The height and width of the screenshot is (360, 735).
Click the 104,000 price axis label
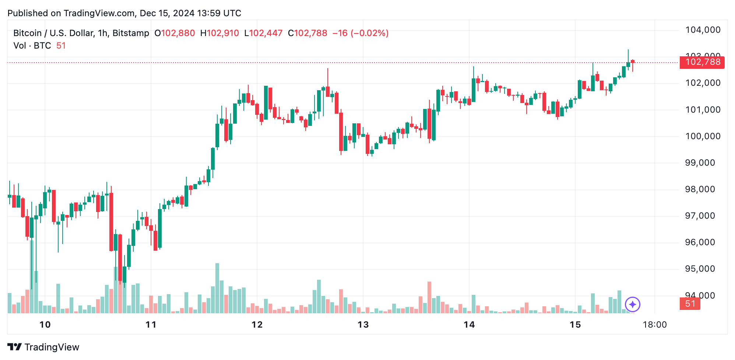(703, 30)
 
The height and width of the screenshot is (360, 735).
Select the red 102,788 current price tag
(702, 62)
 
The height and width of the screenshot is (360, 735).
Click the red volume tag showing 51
(690, 304)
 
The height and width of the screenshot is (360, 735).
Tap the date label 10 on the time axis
(45, 325)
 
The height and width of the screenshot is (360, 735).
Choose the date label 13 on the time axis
(363, 325)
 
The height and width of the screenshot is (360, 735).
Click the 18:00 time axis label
(654, 325)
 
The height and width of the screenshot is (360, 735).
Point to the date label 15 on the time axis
(575, 325)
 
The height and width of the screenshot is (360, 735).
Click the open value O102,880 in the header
(175, 33)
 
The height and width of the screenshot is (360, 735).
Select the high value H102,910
(219, 33)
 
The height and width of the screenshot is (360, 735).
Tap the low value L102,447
(263, 33)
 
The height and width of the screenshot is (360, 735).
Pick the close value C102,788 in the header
(307, 33)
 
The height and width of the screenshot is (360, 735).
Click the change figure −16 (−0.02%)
(361, 33)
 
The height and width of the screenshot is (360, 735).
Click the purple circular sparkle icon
(633, 304)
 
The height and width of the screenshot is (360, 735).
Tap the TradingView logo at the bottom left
(43, 347)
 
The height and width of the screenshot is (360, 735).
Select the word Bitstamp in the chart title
(131, 33)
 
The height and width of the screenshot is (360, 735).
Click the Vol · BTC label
(32, 46)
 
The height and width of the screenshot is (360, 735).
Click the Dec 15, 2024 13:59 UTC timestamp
(190, 13)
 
